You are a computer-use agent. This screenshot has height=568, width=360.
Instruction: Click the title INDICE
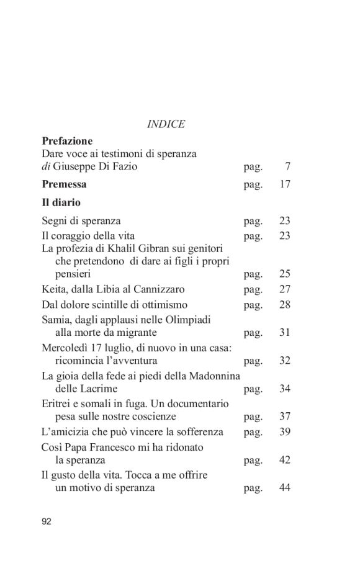click(x=166, y=124)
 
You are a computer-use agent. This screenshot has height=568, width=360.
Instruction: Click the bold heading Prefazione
click(x=67, y=141)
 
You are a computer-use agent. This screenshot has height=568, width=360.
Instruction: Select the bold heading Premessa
click(x=64, y=184)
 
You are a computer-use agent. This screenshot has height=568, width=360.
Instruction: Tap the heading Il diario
click(x=61, y=202)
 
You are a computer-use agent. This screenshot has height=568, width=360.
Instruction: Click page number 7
click(x=287, y=166)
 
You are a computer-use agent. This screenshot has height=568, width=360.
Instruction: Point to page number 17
click(x=285, y=184)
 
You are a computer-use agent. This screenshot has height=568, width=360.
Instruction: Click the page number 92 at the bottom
click(x=47, y=521)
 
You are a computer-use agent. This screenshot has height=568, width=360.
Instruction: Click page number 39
click(x=285, y=432)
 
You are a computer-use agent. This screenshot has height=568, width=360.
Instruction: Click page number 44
click(x=285, y=488)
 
